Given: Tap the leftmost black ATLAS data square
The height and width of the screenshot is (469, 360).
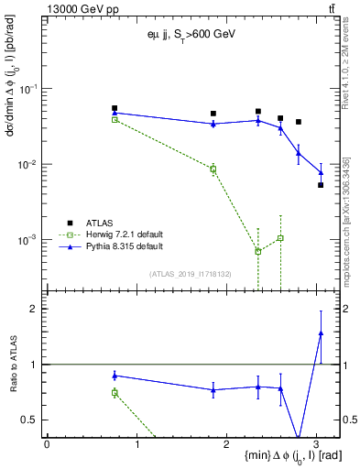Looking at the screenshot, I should tap(115, 108).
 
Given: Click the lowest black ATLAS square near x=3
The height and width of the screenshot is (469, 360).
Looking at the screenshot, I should tap(321, 185).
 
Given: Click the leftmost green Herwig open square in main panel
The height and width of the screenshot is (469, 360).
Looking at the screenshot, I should tap(115, 120).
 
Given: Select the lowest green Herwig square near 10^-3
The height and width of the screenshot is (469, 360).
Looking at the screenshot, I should tap(258, 251).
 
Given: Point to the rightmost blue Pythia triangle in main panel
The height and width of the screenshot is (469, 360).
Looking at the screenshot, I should tap(321, 172).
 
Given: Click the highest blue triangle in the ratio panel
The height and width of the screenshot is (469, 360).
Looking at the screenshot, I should tap(321, 333).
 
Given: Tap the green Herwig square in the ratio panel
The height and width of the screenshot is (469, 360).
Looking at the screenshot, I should tap(115, 392).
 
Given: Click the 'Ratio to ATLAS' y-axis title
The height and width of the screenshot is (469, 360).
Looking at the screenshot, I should tap(13, 365).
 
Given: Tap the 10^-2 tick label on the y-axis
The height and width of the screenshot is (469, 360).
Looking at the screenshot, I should tap(29, 165).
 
